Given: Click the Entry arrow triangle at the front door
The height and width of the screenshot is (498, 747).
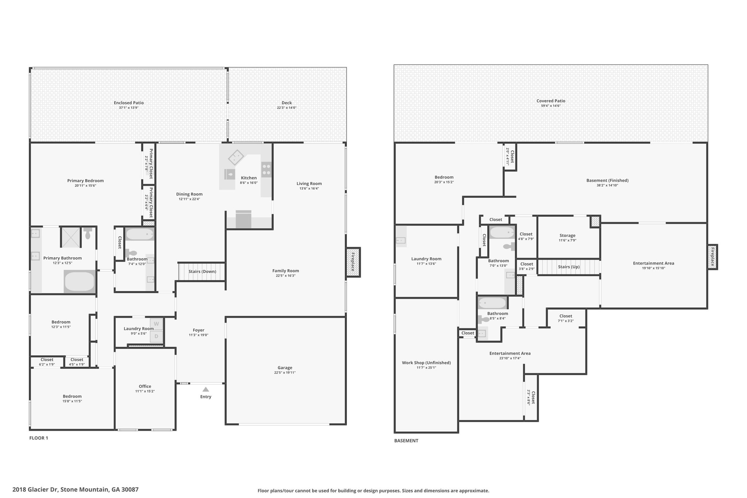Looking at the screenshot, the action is (x=206, y=389).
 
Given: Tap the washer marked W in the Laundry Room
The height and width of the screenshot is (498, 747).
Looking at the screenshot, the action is (x=156, y=324).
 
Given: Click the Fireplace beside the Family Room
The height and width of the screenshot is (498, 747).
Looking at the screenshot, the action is (x=353, y=262).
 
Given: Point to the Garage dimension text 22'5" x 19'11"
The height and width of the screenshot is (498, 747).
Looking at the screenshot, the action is (x=285, y=372).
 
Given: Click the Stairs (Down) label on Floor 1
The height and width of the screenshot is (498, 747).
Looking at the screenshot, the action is (x=202, y=271).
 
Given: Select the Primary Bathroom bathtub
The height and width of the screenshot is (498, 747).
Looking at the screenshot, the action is (x=80, y=281).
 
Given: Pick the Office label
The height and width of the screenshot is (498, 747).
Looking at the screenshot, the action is (x=145, y=386).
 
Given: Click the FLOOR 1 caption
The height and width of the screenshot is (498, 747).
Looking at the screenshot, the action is (x=39, y=438).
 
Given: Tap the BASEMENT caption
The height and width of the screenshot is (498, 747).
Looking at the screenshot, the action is (x=406, y=441).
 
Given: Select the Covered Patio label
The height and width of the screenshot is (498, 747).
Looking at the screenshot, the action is (x=551, y=101).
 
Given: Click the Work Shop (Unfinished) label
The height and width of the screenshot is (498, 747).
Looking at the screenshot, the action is (x=426, y=363).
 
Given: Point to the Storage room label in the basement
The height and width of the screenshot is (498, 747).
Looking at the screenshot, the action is (x=568, y=235).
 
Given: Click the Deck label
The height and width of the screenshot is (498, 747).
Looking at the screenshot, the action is (x=287, y=103).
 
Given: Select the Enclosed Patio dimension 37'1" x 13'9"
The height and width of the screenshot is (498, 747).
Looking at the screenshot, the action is (x=129, y=108).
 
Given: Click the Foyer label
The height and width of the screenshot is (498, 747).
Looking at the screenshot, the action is (x=199, y=330).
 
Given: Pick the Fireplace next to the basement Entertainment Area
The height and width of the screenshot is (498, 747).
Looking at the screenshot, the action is (x=713, y=257).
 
